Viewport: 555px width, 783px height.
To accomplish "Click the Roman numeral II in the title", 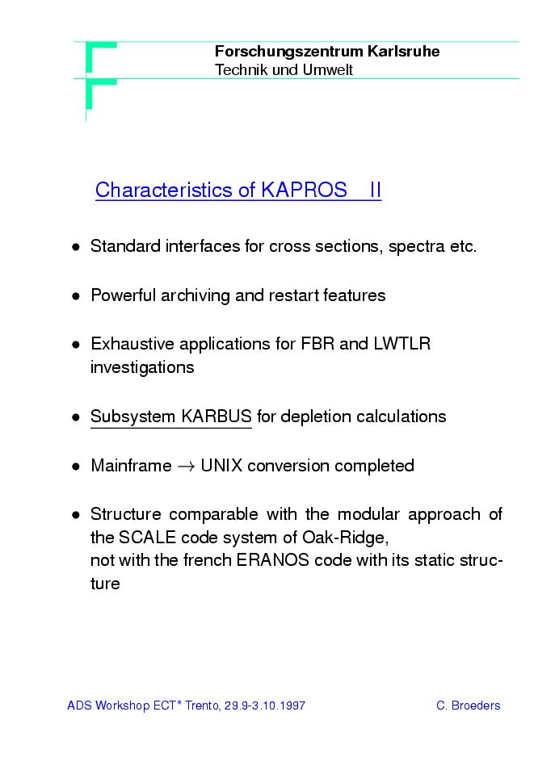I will [x=375, y=191].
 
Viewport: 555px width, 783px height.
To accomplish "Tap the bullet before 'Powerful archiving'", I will [x=75, y=296].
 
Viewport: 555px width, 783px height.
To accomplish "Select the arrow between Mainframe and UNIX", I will [x=186, y=467].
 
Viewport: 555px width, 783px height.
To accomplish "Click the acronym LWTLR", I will [x=402, y=344].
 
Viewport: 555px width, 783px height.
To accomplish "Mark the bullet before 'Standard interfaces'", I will [x=75, y=247].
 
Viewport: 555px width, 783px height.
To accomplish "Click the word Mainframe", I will [x=131, y=466].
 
